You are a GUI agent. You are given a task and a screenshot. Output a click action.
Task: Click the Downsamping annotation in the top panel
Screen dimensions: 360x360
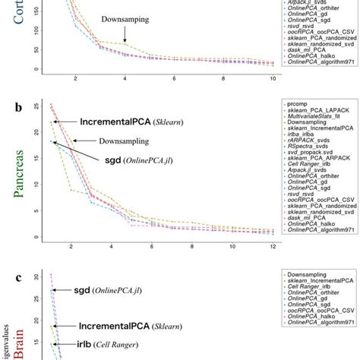click(x=123, y=27)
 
